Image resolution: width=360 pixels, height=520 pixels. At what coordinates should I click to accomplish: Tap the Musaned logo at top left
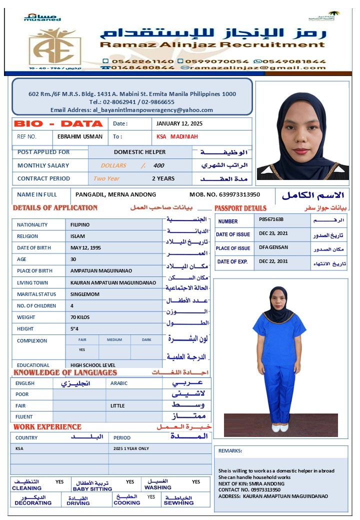pos(42,17)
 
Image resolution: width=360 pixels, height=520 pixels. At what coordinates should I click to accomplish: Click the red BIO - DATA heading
pos(58,123)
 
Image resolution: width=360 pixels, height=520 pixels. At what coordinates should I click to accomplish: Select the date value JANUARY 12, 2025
pos(179,123)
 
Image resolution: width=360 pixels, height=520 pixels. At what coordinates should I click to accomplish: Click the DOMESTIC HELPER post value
pos(139,152)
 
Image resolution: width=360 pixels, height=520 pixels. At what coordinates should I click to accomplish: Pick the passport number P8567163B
pos(271,219)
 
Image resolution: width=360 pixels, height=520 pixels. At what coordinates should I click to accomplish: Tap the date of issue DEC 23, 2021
pos(273,233)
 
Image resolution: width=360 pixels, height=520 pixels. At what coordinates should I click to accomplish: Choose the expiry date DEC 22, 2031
pos(273,261)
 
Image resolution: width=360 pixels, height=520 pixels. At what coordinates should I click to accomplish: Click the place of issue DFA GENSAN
pos(273,247)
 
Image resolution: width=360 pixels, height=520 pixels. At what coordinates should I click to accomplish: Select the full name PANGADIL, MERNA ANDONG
pos(115,194)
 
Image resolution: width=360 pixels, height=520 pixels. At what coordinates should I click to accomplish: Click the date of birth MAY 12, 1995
pos(85,247)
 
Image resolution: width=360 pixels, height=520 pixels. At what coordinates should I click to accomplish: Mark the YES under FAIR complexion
pos(82,350)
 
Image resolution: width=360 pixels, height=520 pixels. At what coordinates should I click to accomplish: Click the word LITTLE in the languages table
pos(117,405)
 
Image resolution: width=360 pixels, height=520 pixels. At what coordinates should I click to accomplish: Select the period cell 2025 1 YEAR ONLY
pos(131,448)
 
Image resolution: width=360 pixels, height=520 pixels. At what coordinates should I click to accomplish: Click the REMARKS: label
pos(230,450)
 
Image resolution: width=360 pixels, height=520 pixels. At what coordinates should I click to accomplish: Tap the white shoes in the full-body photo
pos(279,427)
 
